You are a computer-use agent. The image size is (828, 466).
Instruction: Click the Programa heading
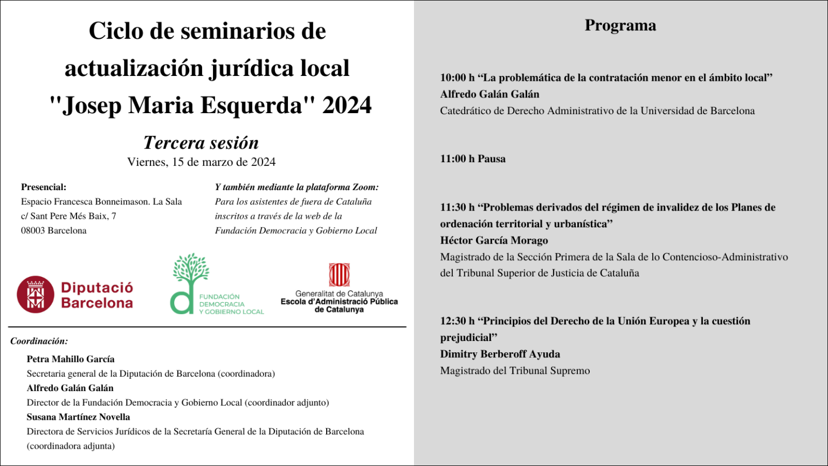pos(620,25)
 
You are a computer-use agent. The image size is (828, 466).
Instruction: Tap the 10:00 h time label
pos(457,78)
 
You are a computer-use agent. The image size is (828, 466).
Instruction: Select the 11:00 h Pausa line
pos(473,159)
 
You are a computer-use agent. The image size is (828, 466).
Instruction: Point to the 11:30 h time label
pos(457,207)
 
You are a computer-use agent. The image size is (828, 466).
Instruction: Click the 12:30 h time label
pos(457,321)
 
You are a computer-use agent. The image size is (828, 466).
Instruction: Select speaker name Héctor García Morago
pos(494,240)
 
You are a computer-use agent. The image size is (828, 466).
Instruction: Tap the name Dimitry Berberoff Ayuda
pos(500,354)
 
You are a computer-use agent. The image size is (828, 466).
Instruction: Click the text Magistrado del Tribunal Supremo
pos(515,371)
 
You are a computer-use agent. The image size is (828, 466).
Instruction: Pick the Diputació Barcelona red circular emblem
pos(36,295)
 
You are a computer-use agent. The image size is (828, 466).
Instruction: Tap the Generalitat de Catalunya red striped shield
pos(339,275)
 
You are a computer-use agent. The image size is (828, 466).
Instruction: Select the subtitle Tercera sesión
pos(201,143)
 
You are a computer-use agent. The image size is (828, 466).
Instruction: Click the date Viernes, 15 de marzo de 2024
pos(201,162)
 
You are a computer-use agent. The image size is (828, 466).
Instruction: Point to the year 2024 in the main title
pos(347,105)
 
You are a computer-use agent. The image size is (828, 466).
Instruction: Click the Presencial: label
pos(44,187)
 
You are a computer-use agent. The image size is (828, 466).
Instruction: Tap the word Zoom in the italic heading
pos(365,187)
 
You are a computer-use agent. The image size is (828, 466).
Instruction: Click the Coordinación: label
pos(39,341)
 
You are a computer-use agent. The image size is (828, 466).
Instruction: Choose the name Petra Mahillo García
pos(71,359)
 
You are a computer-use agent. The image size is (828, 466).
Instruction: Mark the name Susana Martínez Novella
pos(78,417)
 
